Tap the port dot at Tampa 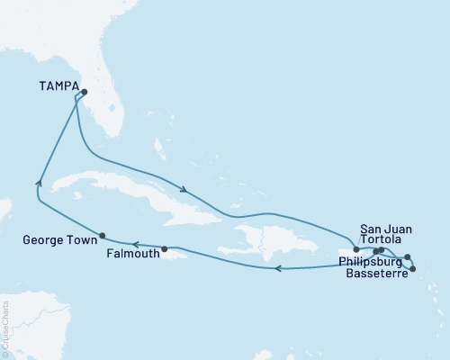click(x=84, y=92)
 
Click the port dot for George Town click(x=103, y=236)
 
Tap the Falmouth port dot click(x=164, y=248)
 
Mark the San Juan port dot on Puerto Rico click(x=356, y=249)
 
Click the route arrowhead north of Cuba click(x=184, y=190)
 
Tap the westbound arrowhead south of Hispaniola click(x=278, y=267)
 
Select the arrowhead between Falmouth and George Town click(x=135, y=243)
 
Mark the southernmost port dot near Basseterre click(x=413, y=269)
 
